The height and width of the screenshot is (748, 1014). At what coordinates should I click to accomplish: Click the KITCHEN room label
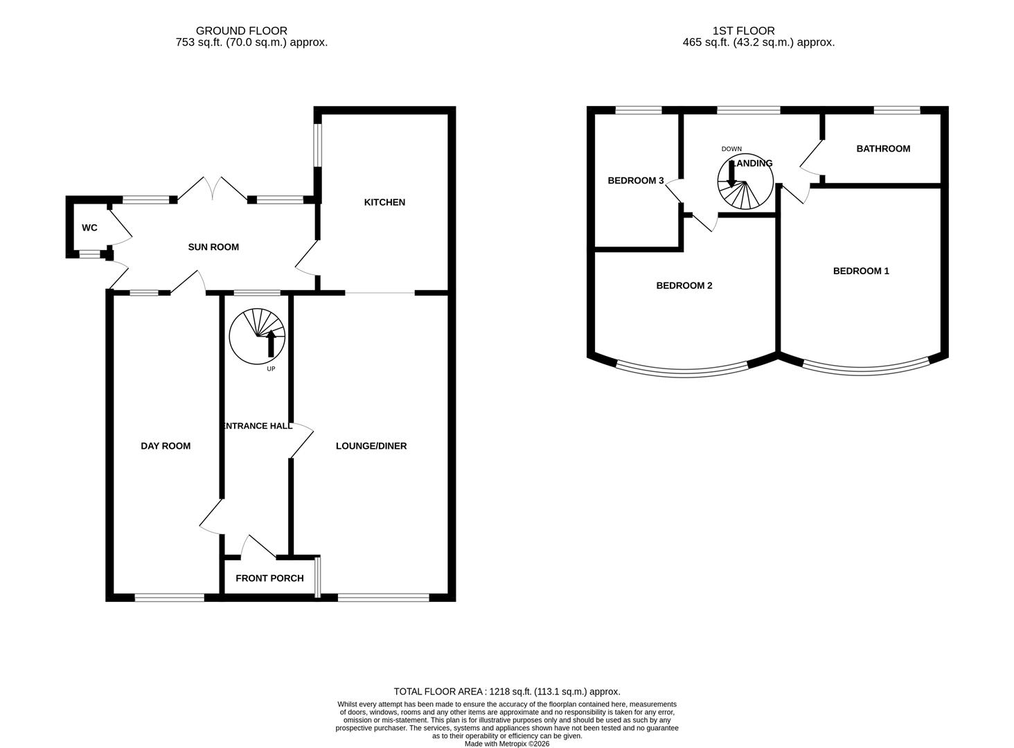point(384,202)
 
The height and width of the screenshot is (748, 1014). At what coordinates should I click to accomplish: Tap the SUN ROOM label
point(213,247)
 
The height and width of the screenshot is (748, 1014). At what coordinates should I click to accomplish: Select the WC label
point(89,228)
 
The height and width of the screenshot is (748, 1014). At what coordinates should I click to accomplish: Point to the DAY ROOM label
point(166,446)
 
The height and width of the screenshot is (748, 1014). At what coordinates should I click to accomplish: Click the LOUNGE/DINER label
point(371,446)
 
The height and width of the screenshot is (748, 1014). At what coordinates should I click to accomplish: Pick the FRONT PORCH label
point(269,578)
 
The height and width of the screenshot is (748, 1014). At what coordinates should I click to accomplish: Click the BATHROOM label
point(883,149)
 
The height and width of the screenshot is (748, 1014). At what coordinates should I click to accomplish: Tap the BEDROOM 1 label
point(861,271)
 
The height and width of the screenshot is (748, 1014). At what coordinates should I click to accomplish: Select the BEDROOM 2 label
point(684,285)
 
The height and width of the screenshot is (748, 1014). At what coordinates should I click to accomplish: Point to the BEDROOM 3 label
point(636,181)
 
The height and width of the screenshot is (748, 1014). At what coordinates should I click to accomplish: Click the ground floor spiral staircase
point(257,336)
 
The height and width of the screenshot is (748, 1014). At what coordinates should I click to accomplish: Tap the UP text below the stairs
point(271,369)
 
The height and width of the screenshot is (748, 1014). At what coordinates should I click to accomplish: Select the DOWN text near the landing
point(731,149)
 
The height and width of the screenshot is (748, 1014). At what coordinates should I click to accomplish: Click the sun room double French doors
point(213,190)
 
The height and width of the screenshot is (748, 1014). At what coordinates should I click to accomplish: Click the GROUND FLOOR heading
point(241,30)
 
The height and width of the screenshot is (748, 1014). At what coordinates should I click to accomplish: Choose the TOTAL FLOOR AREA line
point(507,691)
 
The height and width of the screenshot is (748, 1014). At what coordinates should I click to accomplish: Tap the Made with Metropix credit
point(507,744)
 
